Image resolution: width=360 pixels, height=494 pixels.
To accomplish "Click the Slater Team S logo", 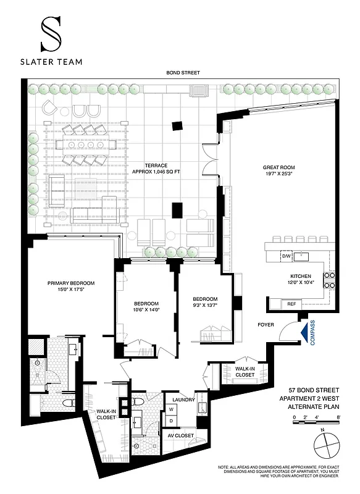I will (x=52, y=34).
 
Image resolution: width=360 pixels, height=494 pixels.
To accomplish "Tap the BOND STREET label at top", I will (x=182, y=73).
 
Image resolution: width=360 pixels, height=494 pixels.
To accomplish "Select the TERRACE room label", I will (x=156, y=165).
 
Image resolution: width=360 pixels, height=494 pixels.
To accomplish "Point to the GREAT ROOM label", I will (x=278, y=167).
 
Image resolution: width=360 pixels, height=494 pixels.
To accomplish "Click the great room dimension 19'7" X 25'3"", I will (x=278, y=175).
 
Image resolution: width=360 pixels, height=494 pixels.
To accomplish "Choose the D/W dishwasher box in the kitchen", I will (x=287, y=256).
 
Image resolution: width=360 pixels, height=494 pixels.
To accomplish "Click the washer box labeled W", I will (x=171, y=409).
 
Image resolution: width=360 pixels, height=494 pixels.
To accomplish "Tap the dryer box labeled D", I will (x=171, y=420).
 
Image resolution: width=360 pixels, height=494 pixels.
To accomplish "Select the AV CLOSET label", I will (x=181, y=436).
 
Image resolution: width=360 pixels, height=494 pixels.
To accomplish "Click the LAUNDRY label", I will (x=184, y=400).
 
